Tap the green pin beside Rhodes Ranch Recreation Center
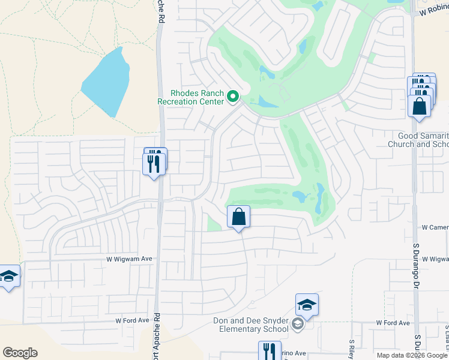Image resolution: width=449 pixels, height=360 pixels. (232, 96)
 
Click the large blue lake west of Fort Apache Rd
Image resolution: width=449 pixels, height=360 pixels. (107, 82)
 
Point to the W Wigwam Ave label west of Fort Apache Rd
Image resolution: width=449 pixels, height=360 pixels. (130, 259)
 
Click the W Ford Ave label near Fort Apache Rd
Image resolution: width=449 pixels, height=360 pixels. (131, 320)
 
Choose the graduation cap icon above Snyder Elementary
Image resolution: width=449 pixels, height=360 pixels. (307, 305)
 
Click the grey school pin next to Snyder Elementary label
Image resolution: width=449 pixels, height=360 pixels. (297, 325)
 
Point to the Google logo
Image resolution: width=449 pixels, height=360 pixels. (20, 353)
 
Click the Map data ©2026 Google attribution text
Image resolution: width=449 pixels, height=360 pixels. (411, 355)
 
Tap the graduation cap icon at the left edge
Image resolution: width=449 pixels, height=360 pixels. (9, 277)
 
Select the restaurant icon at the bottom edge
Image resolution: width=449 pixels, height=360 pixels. (270, 351)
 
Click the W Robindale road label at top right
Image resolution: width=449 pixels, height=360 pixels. (434, 11)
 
